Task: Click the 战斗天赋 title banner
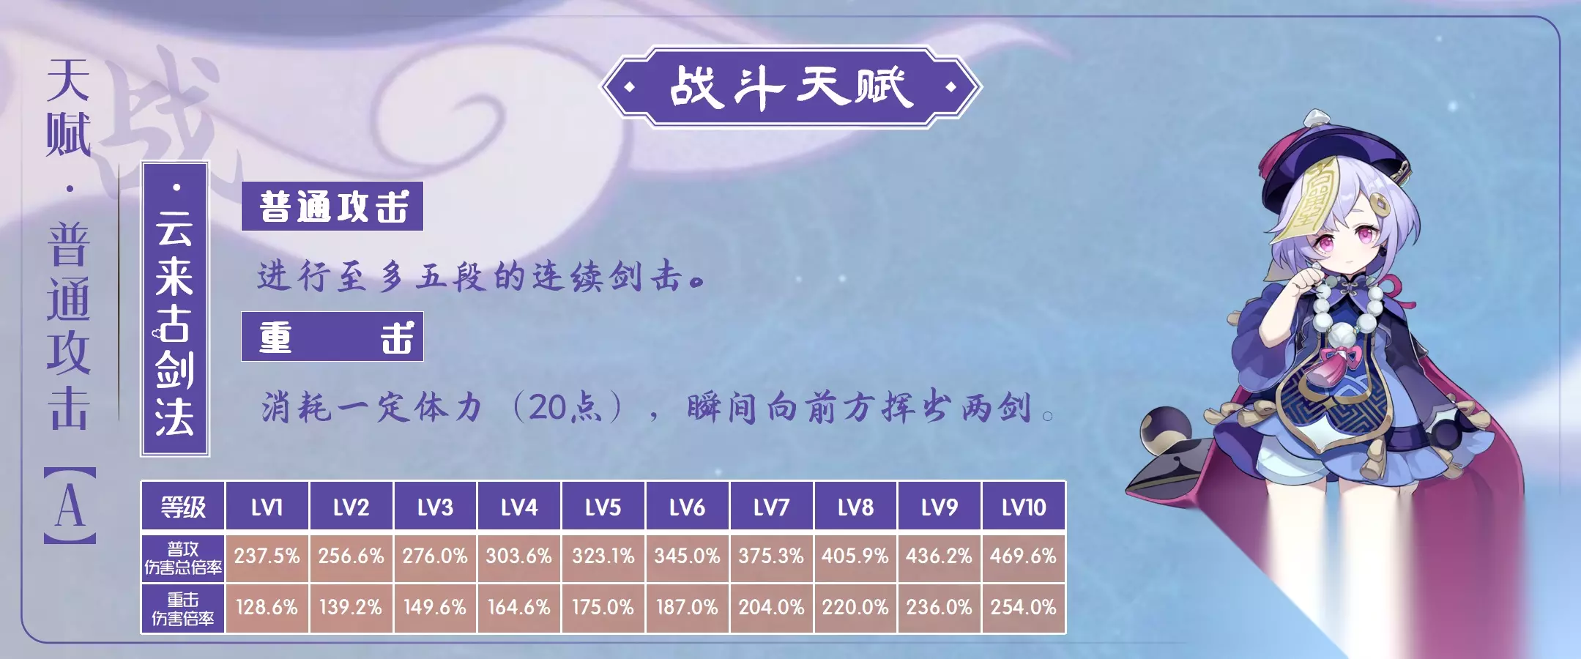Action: click(791, 87)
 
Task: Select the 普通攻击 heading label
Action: click(332, 206)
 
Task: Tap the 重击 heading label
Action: click(332, 337)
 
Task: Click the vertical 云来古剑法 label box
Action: click(175, 309)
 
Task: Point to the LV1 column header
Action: click(267, 506)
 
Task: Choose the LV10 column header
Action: click(1024, 506)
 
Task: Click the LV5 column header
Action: click(603, 506)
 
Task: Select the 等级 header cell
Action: click(183, 506)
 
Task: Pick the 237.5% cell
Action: click(267, 556)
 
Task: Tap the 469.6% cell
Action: click(1024, 556)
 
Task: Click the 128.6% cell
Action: click(267, 608)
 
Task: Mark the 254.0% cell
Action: click(1024, 608)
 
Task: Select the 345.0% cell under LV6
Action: click(688, 556)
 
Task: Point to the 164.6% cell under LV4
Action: click(519, 608)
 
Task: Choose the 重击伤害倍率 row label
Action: click(183, 608)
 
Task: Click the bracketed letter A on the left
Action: click(70, 505)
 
